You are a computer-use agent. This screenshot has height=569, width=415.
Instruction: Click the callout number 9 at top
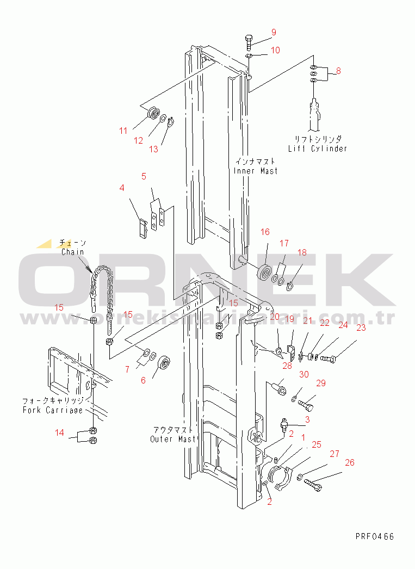[274, 32]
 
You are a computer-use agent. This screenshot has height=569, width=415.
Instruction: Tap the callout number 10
[275, 50]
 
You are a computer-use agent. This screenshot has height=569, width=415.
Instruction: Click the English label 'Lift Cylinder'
[318, 149]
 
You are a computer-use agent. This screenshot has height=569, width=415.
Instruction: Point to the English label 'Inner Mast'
[256, 171]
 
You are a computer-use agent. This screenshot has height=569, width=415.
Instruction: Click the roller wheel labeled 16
[266, 272]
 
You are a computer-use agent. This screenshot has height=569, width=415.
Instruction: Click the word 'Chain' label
[72, 252]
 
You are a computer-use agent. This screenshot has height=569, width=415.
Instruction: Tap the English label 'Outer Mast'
[169, 439]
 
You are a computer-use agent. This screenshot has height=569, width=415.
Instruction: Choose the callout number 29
[320, 384]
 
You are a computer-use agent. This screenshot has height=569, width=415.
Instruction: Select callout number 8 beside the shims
[338, 71]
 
